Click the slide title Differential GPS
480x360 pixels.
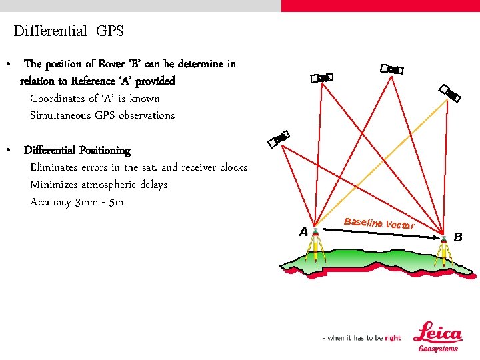click(x=69, y=31)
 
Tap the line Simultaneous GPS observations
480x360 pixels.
click(x=102, y=115)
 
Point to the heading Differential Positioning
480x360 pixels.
click(x=77, y=150)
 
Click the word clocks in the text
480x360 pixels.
click(x=233, y=167)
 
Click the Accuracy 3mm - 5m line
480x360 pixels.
click(x=77, y=202)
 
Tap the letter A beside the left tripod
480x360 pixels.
click(x=303, y=232)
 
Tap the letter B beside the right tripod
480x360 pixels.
click(x=457, y=236)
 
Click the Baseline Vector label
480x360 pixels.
click(x=379, y=224)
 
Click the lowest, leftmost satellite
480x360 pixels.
click(x=278, y=138)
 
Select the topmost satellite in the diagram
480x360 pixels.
click(x=391, y=69)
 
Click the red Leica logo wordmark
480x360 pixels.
click(x=437, y=333)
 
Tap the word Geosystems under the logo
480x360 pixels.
click(x=438, y=349)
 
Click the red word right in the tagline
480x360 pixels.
click(x=393, y=338)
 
